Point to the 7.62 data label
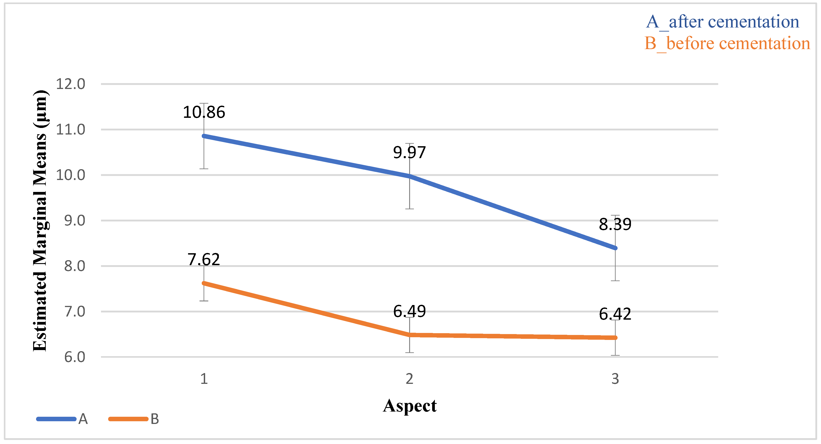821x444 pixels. coord(204,260)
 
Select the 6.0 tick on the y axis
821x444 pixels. coord(75,357)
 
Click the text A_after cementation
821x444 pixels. coord(722,22)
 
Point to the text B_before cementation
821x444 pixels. coord(727,43)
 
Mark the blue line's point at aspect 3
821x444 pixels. coord(615,248)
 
